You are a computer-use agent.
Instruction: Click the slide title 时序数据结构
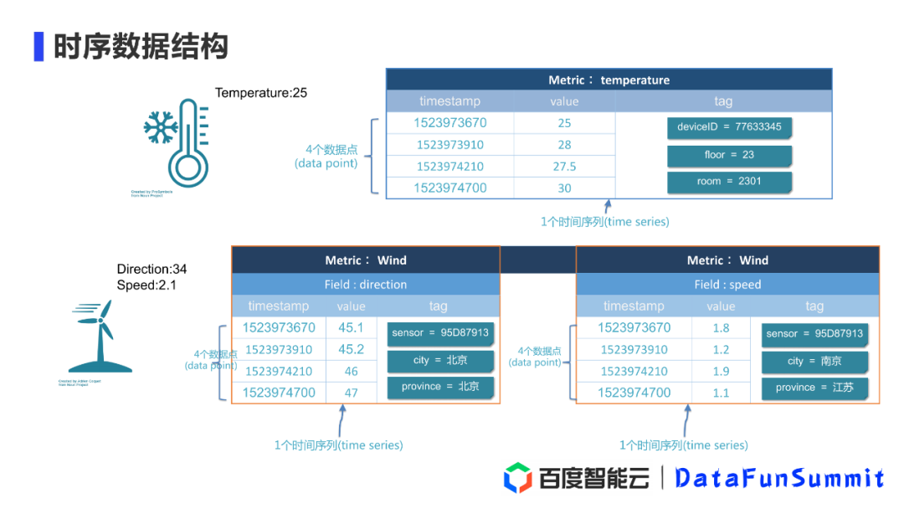141,46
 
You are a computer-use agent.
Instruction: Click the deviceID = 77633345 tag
729,127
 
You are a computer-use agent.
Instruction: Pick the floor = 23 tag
729,155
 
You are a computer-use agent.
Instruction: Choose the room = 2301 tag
729,182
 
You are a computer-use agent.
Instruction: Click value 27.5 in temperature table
564,167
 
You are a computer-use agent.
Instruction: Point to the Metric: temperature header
609,80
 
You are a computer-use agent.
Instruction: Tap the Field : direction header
365,285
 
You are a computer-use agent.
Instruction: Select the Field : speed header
727,285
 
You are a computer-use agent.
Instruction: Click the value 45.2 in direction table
351,349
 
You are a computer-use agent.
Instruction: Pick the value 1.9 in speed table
721,371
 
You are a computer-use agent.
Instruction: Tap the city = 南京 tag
814,362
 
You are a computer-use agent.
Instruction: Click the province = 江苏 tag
814,388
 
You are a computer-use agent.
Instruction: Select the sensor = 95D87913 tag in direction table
439,333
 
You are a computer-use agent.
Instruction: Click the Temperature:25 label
261,93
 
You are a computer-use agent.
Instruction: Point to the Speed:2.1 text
146,285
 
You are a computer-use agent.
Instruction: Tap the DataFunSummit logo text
779,478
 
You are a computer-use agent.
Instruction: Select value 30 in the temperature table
564,188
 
